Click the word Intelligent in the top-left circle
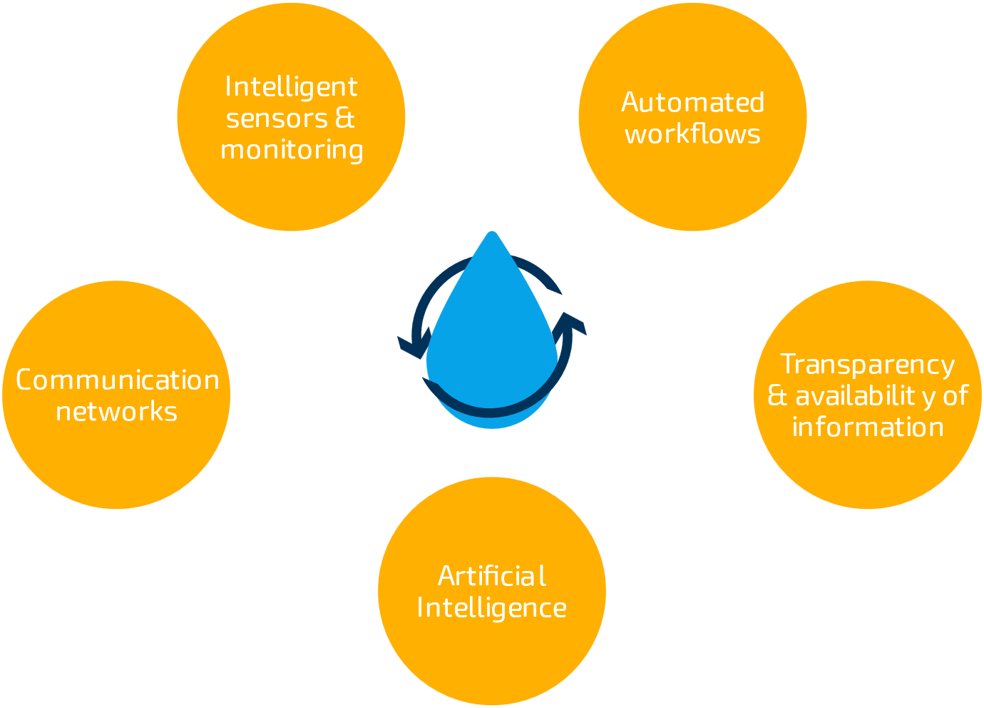point(291,87)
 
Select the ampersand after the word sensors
point(344,118)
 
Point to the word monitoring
point(292,150)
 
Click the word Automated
point(692,103)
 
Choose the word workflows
point(692,134)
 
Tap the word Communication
point(117,380)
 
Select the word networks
point(117,412)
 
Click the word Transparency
point(867,365)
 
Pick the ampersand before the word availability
point(777,395)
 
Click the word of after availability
point(955,396)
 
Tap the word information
point(868,428)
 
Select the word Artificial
point(492,576)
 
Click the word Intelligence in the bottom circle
point(492,608)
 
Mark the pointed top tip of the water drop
point(491,233)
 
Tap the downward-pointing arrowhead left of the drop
point(411,346)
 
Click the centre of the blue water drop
point(491,343)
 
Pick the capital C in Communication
point(25,380)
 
